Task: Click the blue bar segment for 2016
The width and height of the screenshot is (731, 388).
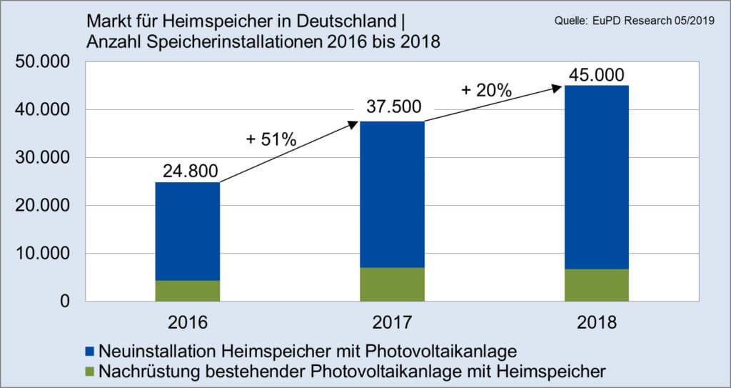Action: [188, 231]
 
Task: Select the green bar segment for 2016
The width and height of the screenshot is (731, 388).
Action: [188, 291]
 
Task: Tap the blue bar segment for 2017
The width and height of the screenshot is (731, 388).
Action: [393, 194]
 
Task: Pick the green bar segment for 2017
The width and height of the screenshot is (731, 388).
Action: [393, 284]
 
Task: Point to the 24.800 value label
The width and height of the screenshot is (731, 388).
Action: [188, 171]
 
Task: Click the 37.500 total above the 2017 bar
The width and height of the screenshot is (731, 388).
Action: [392, 109]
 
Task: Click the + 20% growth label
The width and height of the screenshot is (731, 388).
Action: [486, 91]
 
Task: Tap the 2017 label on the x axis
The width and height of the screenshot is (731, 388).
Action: [393, 322]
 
